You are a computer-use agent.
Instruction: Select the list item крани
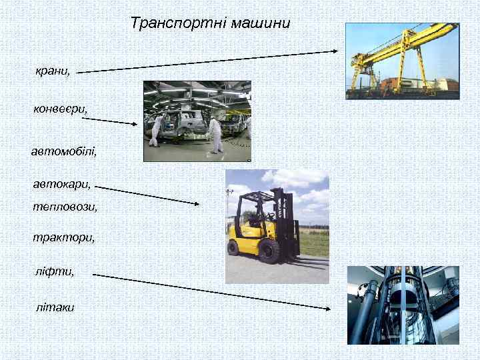point(53,71)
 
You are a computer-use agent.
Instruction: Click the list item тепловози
point(65,207)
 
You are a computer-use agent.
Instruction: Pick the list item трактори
point(63,237)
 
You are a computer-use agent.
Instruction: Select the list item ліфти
point(55,271)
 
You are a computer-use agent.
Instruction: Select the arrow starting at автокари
point(147,196)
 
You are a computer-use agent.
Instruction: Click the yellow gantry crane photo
point(402,61)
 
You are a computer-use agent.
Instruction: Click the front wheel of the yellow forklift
point(269,251)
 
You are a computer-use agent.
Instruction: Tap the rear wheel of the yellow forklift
point(233,247)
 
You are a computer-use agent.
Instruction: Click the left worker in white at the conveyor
point(157,129)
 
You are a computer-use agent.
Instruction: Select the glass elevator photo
point(403,305)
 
